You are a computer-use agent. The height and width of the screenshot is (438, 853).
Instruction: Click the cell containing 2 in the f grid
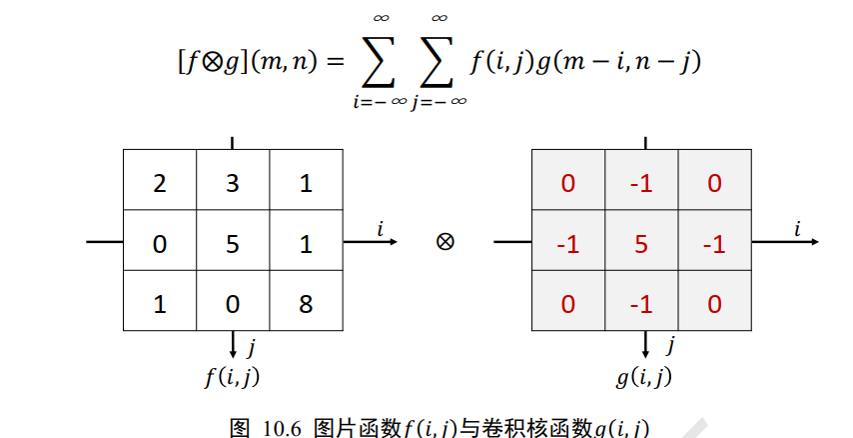click(x=160, y=185)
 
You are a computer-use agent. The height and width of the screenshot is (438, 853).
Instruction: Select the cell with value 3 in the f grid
click(x=233, y=185)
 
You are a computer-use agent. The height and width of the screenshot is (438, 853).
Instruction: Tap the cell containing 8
click(x=306, y=301)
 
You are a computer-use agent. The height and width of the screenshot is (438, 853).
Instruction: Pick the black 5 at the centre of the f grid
click(x=233, y=243)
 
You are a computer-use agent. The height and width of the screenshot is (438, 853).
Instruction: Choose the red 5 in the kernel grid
click(x=640, y=243)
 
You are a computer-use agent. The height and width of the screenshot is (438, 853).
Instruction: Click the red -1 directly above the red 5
click(x=640, y=185)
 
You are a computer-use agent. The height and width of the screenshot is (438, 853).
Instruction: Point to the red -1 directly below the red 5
click(x=640, y=301)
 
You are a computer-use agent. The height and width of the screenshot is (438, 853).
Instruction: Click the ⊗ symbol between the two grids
click(x=445, y=241)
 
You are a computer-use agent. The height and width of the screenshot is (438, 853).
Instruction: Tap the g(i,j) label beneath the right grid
click(x=643, y=376)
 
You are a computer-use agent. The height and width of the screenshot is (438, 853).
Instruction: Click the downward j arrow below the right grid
click(x=645, y=344)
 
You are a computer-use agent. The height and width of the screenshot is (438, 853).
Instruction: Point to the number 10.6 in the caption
click(x=283, y=428)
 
